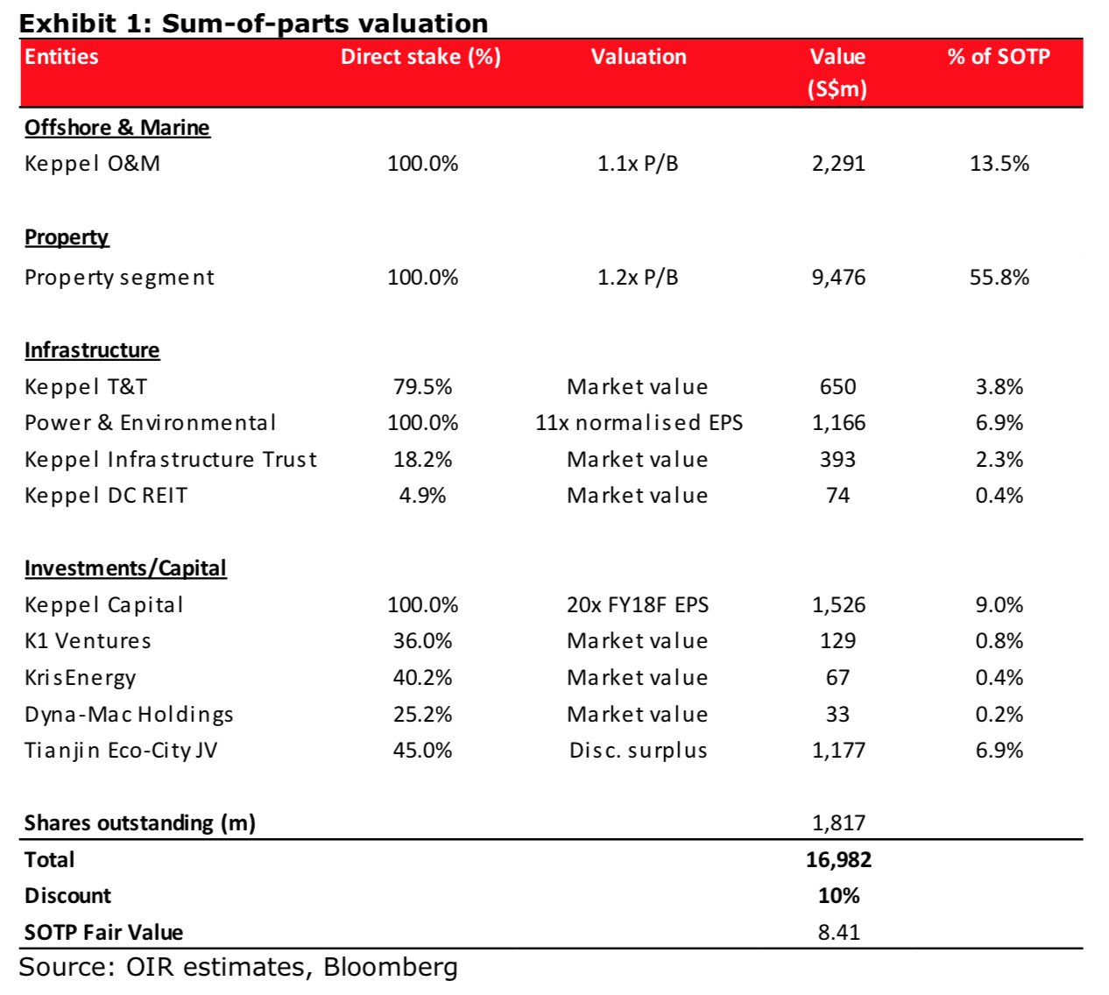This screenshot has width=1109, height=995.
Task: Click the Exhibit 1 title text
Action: pyautogui.click(x=253, y=24)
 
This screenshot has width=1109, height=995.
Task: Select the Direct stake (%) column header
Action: pyautogui.click(x=420, y=57)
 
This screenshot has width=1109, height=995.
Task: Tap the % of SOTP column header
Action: pyautogui.click(x=999, y=56)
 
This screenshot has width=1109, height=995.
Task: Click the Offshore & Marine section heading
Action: pyautogui.click(x=117, y=128)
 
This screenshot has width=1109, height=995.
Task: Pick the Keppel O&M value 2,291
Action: pyautogui.click(x=838, y=164)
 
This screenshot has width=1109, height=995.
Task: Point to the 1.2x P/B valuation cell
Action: pyautogui.click(x=637, y=278)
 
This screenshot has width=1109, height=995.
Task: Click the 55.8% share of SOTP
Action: pyautogui.click(x=999, y=278)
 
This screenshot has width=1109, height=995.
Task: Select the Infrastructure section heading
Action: pyautogui.click(x=92, y=350)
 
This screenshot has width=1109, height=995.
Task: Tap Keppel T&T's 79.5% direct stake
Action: pyautogui.click(x=422, y=387)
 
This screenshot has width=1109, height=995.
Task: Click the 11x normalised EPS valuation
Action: pyautogui.click(x=639, y=423)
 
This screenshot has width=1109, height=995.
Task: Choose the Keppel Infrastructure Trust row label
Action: pyautogui.click(x=171, y=460)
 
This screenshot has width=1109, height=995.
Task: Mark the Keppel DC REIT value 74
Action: pyautogui.click(x=838, y=496)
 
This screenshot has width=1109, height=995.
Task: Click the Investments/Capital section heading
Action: pyautogui.click(x=125, y=568)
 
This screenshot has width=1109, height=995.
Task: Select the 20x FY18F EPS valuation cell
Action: pyautogui.click(x=638, y=605)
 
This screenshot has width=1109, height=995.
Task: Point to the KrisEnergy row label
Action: pyautogui.click(x=80, y=678)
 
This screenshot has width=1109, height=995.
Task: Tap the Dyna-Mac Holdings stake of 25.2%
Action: pyautogui.click(x=422, y=715)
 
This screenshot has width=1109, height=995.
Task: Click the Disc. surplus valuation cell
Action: pyautogui.click(x=639, y=751)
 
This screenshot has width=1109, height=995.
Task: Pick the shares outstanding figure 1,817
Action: pyautogui.click(x=838, y=823)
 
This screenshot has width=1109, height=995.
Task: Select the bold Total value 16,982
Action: pyautogui.click(x=838, y=860)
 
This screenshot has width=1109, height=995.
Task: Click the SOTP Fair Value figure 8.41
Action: pyautogui.click(x=839, y=933)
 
